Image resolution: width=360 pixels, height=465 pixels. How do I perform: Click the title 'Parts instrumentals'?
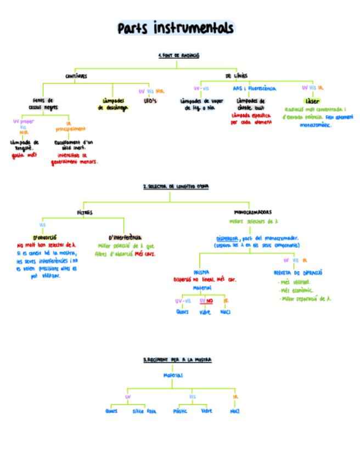176,28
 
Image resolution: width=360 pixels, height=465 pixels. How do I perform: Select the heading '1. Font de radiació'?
178,56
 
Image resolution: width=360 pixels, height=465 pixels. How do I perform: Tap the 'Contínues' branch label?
76,76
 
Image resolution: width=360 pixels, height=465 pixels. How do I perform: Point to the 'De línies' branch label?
236,76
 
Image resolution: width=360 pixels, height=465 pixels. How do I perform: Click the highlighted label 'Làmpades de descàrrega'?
113,104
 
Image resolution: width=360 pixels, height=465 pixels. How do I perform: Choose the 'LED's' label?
150,101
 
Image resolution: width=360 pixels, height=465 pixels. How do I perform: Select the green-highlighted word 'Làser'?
313,101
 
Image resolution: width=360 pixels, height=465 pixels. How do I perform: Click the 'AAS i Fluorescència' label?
254,88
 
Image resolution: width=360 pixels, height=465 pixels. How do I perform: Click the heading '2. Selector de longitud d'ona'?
176,187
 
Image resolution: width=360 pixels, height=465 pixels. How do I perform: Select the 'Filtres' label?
85,212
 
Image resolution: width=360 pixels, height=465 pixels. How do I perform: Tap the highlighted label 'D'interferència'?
125,237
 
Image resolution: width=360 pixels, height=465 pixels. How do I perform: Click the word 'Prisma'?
201,271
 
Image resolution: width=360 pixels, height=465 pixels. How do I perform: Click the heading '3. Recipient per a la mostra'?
177,360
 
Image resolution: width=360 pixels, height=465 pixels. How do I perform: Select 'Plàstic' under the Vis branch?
180,411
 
